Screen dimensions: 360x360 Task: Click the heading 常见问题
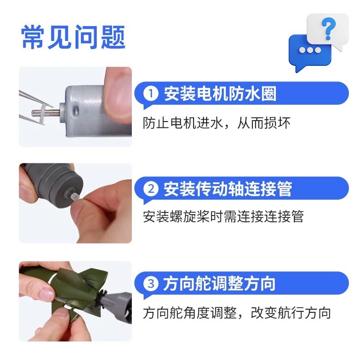point(73,37)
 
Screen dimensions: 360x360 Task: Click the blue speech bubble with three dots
point(309,50)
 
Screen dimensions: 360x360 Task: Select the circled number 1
point(151,94)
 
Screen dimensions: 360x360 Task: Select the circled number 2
point(151,189)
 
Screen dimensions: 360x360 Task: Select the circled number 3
point(151,284)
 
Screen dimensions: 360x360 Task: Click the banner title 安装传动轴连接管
point(227,189)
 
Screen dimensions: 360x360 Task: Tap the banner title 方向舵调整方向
point(220,284)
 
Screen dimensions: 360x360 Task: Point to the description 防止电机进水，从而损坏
point(217,123)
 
